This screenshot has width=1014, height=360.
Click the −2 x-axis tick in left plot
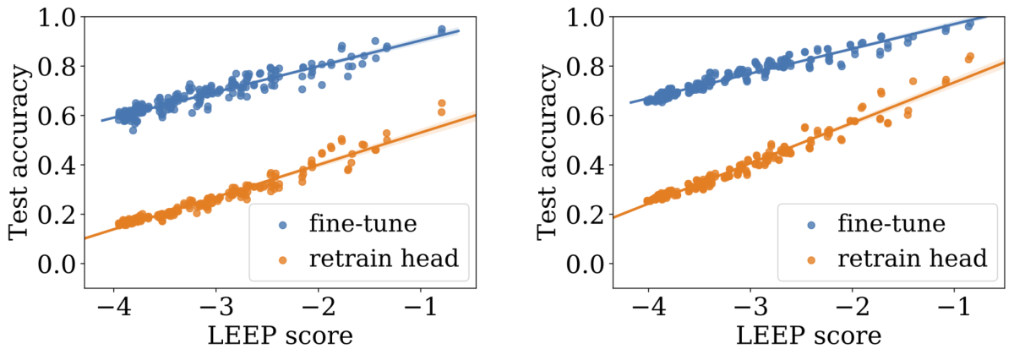(x=315, y=305)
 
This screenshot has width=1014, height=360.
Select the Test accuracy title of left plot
(x=20, y=154)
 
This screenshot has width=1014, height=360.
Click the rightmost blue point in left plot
(x=441, y=30)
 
